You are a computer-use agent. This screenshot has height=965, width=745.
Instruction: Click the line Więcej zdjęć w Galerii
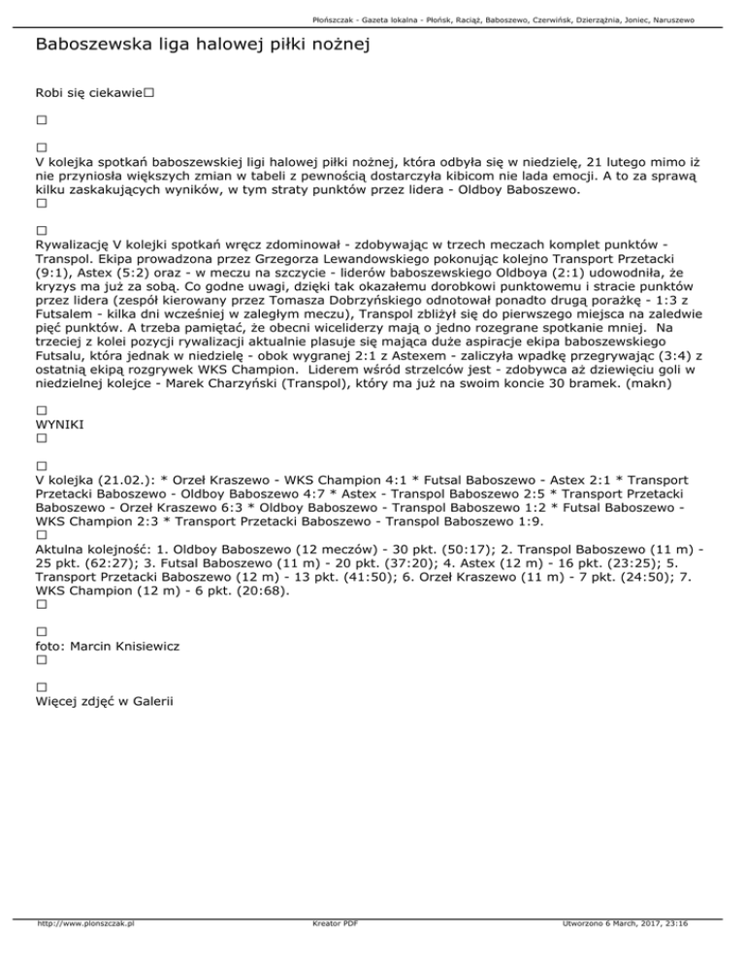tap(107, 700)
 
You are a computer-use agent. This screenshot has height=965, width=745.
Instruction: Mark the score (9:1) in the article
tap(54, 275)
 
